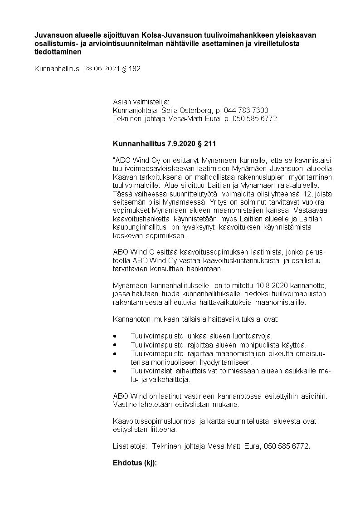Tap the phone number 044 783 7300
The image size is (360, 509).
coord(246,110)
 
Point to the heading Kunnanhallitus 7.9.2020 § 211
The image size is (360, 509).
coord(164,144)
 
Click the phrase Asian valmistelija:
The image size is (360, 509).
coord(141,102)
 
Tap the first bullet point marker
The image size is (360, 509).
coord(115,336)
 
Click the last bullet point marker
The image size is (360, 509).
coord(115,371)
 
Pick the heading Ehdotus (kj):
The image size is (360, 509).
coord(134,463)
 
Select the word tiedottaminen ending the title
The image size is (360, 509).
coord(58,52)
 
